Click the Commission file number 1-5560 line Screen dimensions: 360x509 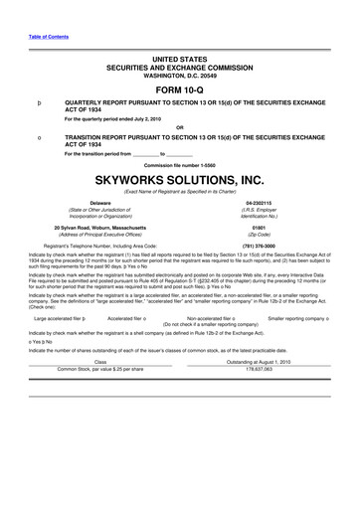pos(180,163)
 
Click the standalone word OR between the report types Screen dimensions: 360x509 pos(180,126)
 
